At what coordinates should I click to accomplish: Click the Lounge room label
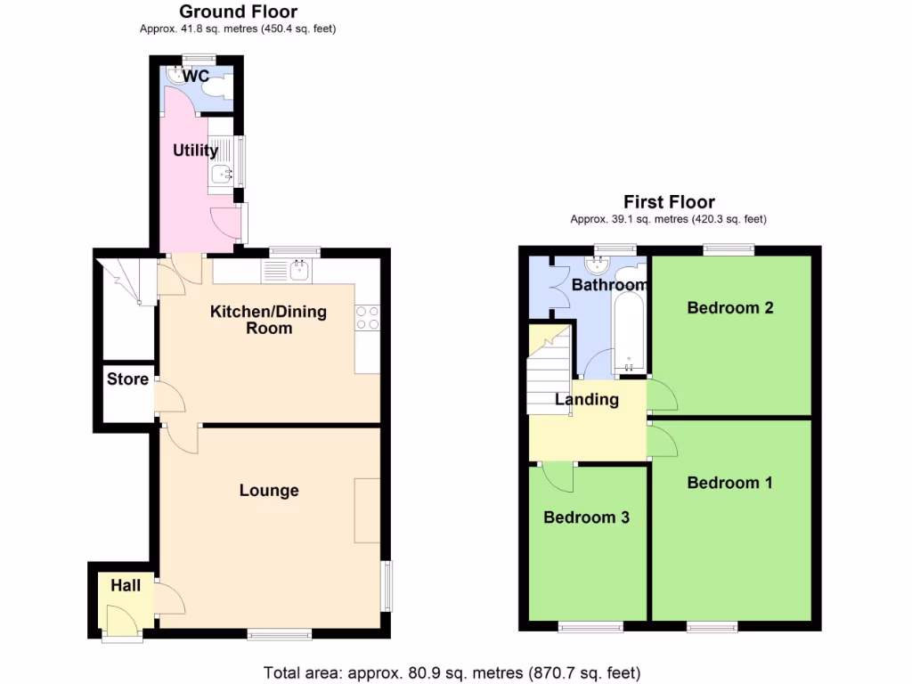click(269, 491)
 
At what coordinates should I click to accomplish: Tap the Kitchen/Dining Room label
click(268, 320)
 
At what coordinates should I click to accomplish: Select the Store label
click(127, 379)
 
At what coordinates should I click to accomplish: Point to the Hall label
click(126, 586)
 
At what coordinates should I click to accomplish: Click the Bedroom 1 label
click(729, 483)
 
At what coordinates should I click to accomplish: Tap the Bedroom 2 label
click(729, 308)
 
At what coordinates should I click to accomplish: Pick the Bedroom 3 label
click(587, 517)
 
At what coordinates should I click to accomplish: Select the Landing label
click(587, 400)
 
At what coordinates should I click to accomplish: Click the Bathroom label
click(609, 285)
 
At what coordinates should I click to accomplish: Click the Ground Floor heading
click(238, 12)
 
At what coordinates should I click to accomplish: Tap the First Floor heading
click(669, 202)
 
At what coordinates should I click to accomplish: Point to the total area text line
click(452, 672)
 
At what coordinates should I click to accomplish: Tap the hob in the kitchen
click(368, 318)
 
